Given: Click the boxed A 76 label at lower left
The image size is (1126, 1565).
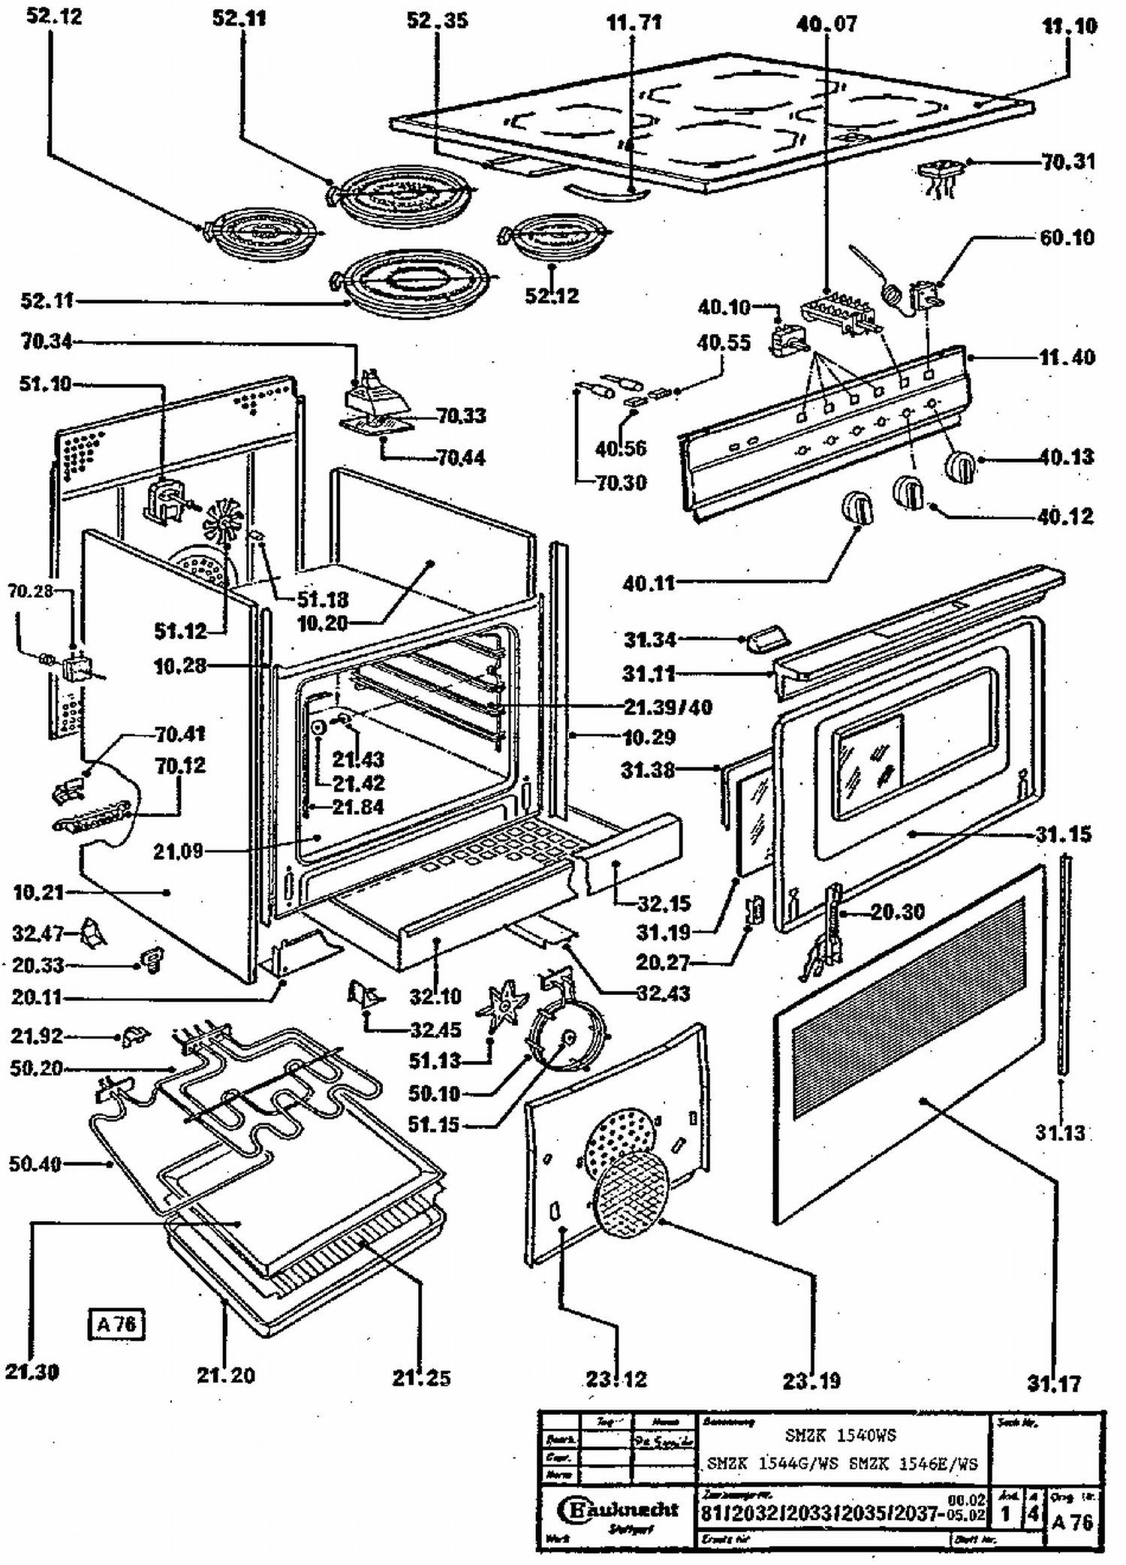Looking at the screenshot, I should (x=116, y=1324).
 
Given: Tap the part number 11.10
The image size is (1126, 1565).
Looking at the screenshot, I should (x=1069, y=26).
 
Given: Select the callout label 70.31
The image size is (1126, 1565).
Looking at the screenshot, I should (x=1068, y=161).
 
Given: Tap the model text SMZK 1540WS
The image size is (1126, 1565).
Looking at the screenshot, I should (x=840, y=1435).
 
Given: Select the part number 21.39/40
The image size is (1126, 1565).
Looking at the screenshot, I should (x=667, y=707).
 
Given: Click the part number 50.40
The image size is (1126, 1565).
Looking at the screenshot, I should (x=35, y=1164).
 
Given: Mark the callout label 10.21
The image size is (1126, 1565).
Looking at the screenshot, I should (x=38, y=892).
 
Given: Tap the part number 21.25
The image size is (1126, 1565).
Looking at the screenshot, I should (x=421, y=1377).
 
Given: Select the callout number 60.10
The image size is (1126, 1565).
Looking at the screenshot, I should (x=1067, y=238).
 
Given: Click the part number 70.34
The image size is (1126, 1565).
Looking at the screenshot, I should (x=47, y=342).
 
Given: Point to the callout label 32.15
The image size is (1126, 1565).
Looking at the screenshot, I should (x=664, y=903).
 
